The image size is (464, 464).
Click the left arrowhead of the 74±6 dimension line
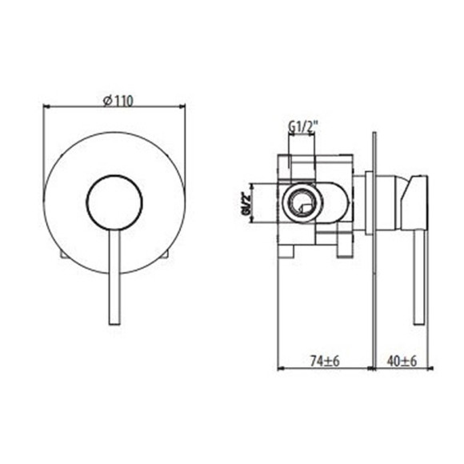[x=281, y=369]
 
